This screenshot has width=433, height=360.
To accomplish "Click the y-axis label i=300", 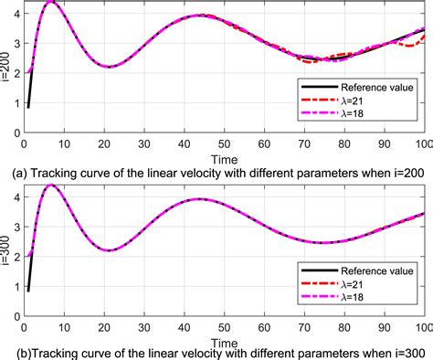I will click(7, 249).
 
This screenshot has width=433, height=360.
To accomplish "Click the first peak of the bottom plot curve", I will click(52, 185).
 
